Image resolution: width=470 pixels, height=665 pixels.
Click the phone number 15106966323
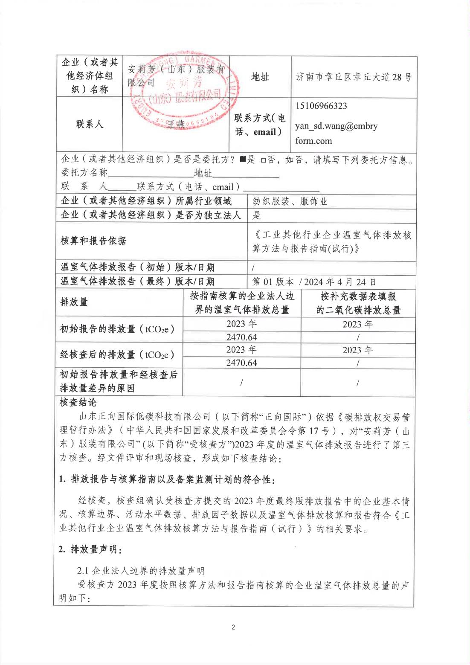click(x=321, y=106)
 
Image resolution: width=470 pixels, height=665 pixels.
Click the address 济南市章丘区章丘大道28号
click(x=354, y=77)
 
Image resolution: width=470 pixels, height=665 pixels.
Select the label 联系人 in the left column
click(x=90, y=124)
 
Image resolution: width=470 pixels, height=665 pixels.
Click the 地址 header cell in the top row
click(x=260, y=77)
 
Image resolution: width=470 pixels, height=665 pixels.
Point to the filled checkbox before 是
click(x=243, y=160)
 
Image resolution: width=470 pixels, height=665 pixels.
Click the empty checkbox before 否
click(x=263, y=160)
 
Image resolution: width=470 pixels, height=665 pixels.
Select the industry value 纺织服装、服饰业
click(x=290, y=201)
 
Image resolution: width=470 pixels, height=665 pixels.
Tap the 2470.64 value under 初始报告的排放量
click(x=241, y=337)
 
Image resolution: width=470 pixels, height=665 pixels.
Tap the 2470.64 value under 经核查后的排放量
click(x=241, y=363)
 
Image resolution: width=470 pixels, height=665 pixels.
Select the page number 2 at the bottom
click(x=233, y=627)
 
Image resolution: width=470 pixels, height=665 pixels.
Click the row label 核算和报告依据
click(x=93, y=241)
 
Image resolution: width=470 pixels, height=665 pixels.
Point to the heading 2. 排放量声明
click(x=90, y=549)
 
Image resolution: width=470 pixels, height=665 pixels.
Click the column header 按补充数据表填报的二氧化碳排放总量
click(x=358, y=303)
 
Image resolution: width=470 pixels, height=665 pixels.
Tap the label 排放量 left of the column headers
click(x=74, y=302)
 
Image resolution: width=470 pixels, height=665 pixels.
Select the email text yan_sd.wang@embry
click(x=336, y=126)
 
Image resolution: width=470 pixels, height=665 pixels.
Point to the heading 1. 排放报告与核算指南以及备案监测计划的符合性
click(x=167, y=480)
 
